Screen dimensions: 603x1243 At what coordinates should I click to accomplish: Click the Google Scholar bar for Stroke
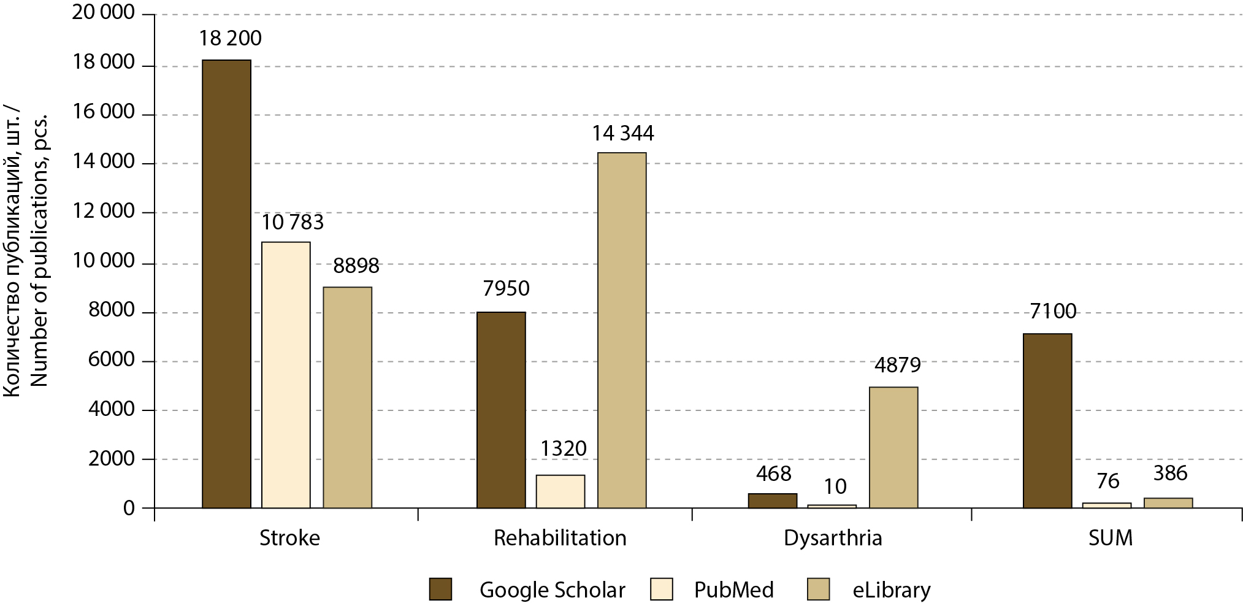(x=226, y=284)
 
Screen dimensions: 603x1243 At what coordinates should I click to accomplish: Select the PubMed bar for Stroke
(x=286, y=375)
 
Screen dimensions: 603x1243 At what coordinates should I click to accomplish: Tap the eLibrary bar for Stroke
(x=347, y=398)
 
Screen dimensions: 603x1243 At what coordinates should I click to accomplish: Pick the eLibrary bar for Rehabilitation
(x=622, y=330)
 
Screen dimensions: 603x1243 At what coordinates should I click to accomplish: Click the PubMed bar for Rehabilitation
(x=560, y=491)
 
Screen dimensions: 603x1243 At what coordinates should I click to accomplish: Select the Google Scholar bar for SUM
(x=1047, y=421)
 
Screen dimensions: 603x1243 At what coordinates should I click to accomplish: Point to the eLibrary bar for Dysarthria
(x=893, y=447)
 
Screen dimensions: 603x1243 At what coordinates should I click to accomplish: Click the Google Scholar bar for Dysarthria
(x=773, y=501)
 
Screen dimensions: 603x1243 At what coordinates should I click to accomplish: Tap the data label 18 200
(x=230, y=39)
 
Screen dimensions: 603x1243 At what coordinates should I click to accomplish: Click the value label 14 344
(x=622, y=133)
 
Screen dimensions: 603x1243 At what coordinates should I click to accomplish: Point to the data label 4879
(x=897, y=366)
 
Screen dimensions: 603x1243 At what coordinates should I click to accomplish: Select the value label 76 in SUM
(x=1107, y=482)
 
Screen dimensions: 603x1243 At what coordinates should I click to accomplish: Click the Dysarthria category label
(x=833, y=538)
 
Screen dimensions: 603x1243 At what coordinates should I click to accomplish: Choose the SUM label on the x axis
(x=1110, y=538)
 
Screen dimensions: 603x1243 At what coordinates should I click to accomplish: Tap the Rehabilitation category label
(x=560, y=538)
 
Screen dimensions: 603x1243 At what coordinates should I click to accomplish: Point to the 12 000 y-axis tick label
(x=104, y=211)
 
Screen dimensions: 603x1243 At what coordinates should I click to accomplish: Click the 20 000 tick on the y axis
(x=104, y=12)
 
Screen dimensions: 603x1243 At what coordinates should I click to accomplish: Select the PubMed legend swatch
(x=661, y=590)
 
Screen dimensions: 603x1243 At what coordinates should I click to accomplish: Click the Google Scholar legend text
(x=552, y=590)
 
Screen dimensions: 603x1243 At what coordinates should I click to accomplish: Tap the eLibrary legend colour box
(x=818, y=590)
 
